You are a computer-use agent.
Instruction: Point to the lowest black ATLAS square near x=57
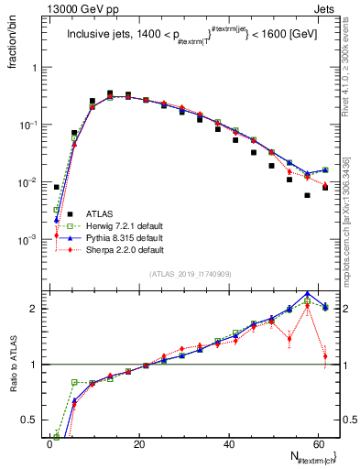(308, 195)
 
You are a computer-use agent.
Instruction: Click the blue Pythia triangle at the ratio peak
(308, 294)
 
